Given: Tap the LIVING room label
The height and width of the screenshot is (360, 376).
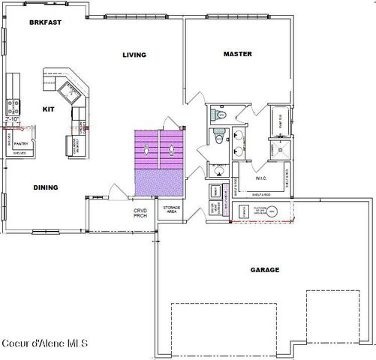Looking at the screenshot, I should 134,55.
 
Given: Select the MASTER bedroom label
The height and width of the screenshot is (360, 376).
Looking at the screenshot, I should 237,54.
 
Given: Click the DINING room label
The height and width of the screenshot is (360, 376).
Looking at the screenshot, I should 46,187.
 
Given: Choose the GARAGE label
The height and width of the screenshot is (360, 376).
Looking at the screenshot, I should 265,268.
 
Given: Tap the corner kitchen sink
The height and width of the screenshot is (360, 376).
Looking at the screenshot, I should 73,91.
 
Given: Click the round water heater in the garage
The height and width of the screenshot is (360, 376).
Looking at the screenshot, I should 272,213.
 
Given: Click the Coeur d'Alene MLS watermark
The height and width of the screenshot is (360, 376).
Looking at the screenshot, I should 45,344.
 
